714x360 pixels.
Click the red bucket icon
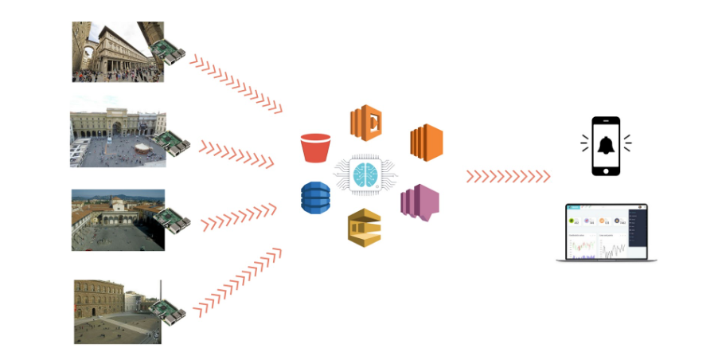coord(315,147)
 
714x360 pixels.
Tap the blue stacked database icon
coord(315,198)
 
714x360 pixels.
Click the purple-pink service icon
coord(420,202)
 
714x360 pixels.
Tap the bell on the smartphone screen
coord(606,145)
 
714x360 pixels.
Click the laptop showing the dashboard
coord(607,233)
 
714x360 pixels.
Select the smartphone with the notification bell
coord(606,145)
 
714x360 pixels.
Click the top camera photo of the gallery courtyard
coord(111,52)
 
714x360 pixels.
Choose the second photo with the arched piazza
coord(111,131)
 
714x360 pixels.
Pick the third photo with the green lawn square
coord(111,220)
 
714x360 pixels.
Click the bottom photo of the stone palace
coord(111,311)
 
